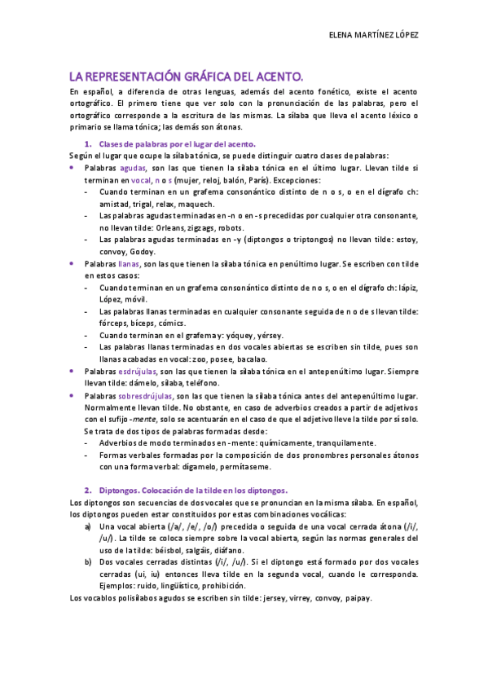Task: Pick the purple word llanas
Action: tap(129, 264)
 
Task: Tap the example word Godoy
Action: tap(143, 252)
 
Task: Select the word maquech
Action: tap(196, 204)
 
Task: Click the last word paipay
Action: tap(358, 598)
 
